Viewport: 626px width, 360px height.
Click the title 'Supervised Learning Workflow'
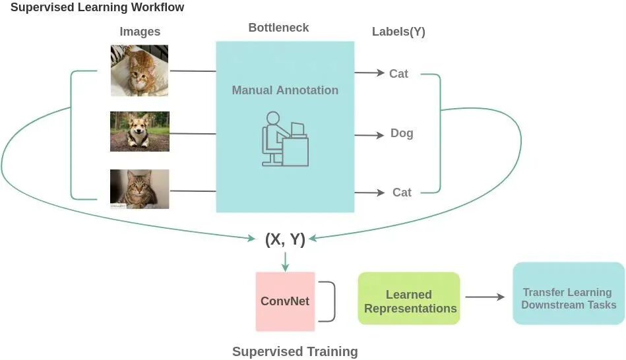click(x=97, y=8)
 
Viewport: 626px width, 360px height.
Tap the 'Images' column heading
click(x=140, y=32)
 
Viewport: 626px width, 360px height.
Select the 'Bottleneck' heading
click(x=278, y=28)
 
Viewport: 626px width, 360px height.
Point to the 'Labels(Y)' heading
click(x=398, y=32)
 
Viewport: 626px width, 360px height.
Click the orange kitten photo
click(x=139, y=71)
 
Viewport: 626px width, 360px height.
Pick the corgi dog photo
click(x=139, y=131)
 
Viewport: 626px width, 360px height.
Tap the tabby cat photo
click(x=139, y=189)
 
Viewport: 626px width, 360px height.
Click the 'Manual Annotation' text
click(x=285, y=90)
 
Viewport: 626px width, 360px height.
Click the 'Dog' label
click(x=402, y=133)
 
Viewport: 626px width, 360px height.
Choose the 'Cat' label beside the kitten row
click(x=398, y=74)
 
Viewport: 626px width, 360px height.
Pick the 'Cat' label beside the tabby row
click(x=402, y=193)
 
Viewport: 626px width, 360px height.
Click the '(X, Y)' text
click(x=285, y=239)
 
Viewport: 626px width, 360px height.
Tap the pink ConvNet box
click(x=285, y=301)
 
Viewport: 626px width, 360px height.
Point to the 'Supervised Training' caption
click(x=295, y=351)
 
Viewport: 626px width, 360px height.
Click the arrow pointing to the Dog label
click(x=369, y=135)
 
